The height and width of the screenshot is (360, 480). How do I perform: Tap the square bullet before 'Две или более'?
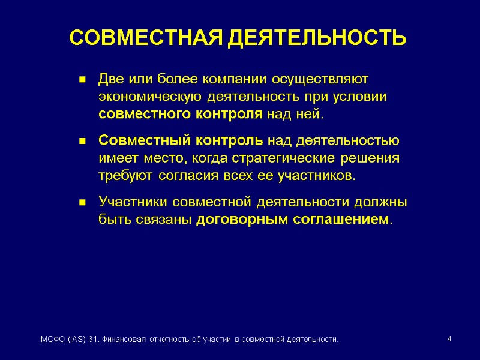pos(82,80)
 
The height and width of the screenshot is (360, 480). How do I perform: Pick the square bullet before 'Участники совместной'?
pos(82,203)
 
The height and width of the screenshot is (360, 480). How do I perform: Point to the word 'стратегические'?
pos(295,158)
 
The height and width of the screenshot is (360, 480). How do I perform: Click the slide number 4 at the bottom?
pos(449,340)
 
